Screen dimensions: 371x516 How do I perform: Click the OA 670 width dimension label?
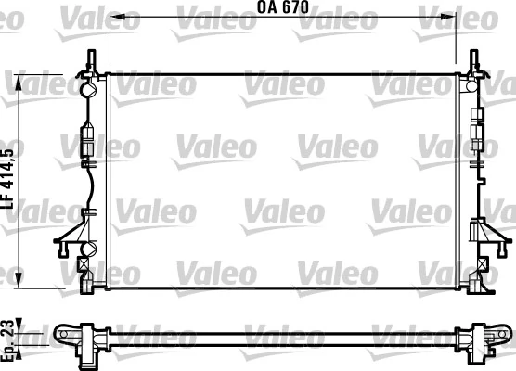[282, 8]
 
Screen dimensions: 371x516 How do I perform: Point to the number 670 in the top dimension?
[296, 8]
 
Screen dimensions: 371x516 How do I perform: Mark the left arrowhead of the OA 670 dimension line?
[113, 16]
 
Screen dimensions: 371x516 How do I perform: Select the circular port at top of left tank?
[89, 90]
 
